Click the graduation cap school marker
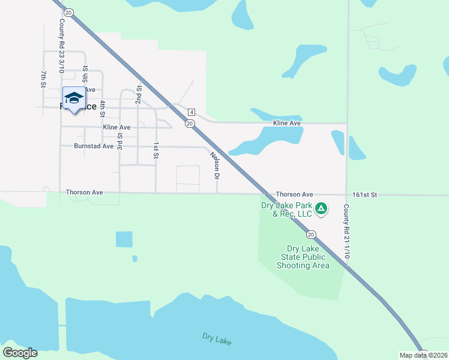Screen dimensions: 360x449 tap(74, 99)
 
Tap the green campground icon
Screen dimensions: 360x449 tap(321, 208)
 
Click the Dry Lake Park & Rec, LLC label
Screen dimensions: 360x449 tap(287, 209)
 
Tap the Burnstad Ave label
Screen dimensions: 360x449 tap(94, 146)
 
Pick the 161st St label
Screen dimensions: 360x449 tap(364, 195)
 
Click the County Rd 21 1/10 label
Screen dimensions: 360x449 tap(346, 231)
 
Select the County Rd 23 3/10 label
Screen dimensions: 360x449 tap(61, 46)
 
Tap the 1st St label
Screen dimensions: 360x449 tap(155, 150)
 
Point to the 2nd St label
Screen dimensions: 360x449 tap(139, 95)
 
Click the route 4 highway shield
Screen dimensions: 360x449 tap(191, 112)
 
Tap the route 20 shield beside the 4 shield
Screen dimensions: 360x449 tap(189, 124)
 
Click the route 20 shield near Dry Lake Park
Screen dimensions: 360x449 tap(310, 235)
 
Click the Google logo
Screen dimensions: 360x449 tap(20, 353)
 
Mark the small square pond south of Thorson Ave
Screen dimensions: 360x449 tap(124, 239)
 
